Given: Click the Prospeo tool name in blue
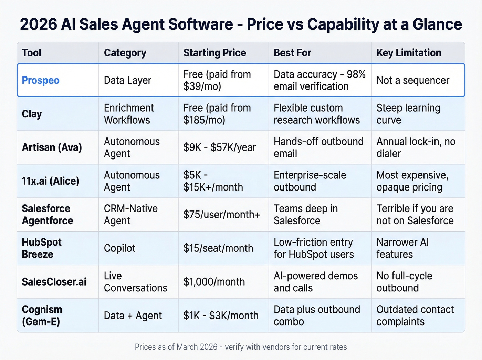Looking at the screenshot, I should (x=41, y=80).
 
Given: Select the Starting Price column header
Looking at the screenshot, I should (x=214, y=53).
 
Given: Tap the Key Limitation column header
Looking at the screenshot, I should (x=409, y=53).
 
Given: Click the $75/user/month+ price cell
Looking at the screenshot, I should (x=222, y=215).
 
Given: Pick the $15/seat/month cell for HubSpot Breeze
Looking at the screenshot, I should (x=218, y=248).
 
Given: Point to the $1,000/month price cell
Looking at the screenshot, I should (x=214, y=282).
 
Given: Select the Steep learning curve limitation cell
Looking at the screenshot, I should (x=408, y=114).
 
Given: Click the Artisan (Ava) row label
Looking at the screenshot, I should (x=52, y=147).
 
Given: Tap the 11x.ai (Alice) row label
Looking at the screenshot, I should (x=51, y=181).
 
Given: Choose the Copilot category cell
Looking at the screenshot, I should (x=119, y=248).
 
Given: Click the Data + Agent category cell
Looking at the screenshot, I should (x=133, y=316).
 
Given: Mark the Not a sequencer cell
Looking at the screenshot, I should (x=413, y=80).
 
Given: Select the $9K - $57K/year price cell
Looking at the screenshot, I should (x=220, y=147).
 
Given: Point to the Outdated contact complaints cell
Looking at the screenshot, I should (x=415, y=316).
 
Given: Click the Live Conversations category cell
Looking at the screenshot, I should (x=135, y=282).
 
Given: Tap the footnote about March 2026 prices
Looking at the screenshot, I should (x=241, y=347).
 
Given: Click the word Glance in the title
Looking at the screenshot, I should (x=437, y=24).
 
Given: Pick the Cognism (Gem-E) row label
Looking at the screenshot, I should (x=42, y=316).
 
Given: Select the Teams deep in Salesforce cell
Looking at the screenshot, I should (x=305, y=215).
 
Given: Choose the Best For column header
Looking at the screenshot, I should (x=292, y=53).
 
